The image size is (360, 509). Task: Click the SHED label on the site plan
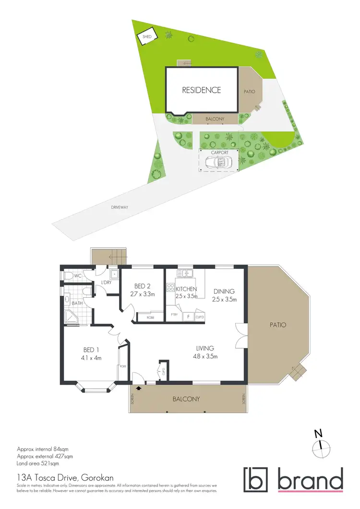(145, 36)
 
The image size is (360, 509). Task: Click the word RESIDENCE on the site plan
(201, 90)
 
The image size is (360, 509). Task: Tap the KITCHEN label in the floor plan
(186, 289)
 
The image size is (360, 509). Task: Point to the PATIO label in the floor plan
(277, 325)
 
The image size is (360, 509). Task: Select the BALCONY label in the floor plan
(186, 399)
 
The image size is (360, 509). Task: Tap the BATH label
(77, 303)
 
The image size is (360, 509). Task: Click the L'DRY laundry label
(106, 282)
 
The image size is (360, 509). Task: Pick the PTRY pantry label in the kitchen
(174, 314)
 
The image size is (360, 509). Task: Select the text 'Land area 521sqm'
(37, 464)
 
